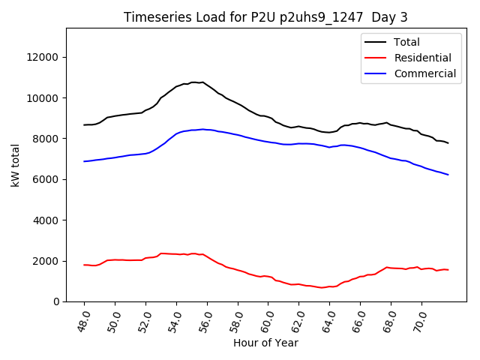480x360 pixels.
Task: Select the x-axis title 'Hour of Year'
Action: click(x=265, y=343)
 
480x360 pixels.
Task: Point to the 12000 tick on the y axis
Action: click(x=43, y=57)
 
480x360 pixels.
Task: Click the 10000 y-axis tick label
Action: click(x=43, y=97)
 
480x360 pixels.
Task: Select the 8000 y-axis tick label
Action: click(x=46, y=139)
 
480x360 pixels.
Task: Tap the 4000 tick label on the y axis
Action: click(x=46, y=220)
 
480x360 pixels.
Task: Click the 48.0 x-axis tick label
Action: click(x=82, y=319)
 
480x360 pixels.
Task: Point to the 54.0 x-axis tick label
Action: click(x=174, y=319)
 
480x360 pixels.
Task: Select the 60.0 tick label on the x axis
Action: click(x=265, y=319)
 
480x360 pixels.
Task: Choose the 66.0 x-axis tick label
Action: click(x=358, y=319)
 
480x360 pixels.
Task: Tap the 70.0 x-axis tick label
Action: click(x=418, y=319)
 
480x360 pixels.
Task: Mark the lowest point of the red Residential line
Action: click(x=322, y=287)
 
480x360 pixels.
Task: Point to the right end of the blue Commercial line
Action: click(x=448, y=175)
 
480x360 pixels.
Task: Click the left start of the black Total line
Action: click(x=84, y=124)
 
